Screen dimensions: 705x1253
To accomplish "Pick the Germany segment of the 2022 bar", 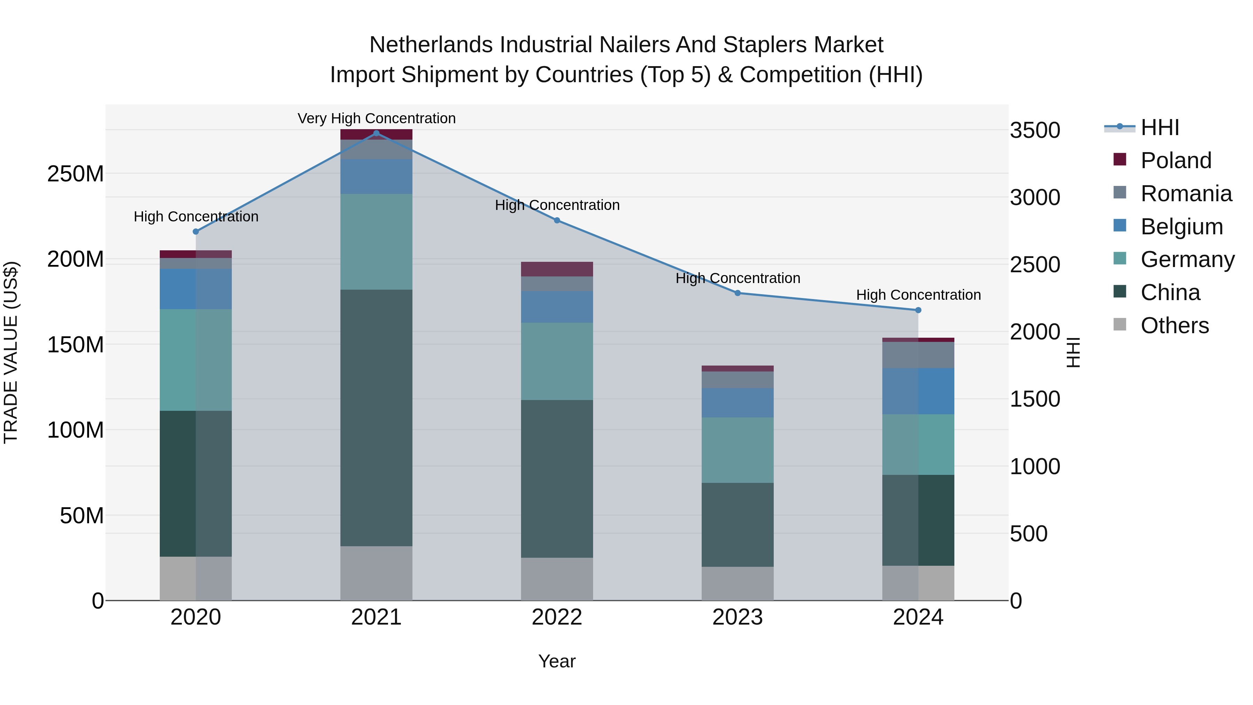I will tap(557, 361).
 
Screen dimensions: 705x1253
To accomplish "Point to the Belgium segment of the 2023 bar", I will tap(738, 402).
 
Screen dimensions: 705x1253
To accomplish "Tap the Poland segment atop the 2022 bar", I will tap(557, 269).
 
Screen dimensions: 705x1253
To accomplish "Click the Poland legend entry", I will tap(1176, 160).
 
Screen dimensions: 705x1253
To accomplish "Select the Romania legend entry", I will tap(1186, 194).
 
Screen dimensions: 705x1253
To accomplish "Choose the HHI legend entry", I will tap(1160, 127).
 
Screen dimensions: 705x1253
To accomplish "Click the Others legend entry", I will tap(1174, 326).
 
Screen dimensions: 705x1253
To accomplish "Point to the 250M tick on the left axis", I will tap(76, 174).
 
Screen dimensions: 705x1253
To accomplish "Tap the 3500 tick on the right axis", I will tap(1035, 131).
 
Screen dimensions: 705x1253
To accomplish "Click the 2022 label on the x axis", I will tap(557, 617).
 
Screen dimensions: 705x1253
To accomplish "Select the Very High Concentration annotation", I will tap(377, 118).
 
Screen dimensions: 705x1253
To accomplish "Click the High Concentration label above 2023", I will tap(738, 278).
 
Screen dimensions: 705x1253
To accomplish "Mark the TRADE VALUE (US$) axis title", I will tap(11, 352).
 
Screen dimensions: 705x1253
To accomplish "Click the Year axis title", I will tap(557, 661).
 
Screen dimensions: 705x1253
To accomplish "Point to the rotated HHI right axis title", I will tap(1073, 352).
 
